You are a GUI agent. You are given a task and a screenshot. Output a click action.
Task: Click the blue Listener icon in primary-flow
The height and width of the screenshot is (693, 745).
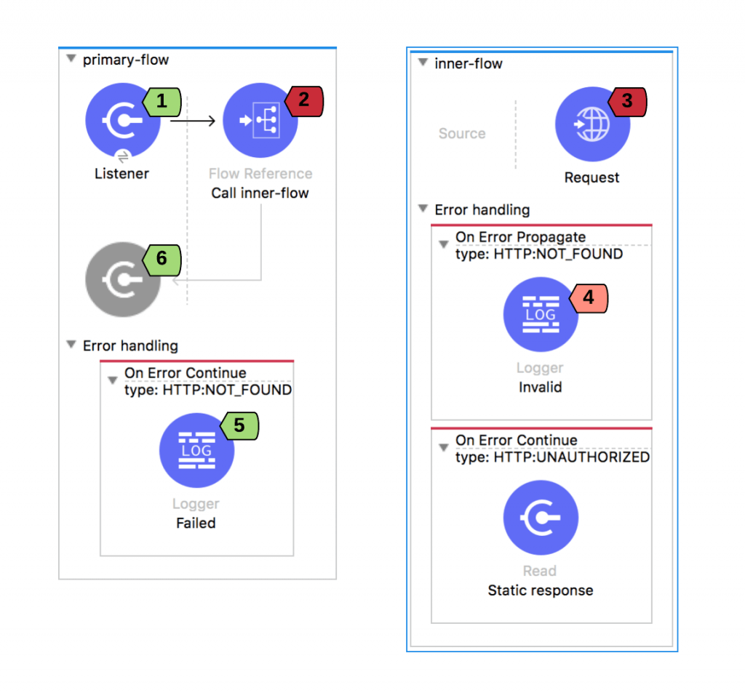coord(122,120)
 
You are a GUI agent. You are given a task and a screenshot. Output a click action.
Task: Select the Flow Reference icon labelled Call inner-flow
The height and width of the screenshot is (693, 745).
coord(260,120)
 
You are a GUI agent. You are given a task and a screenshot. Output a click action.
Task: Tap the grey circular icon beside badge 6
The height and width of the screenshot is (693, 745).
coord(122,279)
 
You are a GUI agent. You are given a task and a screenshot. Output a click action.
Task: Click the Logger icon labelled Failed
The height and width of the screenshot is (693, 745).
coord(196,450)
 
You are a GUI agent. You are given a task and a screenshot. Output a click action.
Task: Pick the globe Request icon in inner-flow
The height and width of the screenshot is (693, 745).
coord(592,124)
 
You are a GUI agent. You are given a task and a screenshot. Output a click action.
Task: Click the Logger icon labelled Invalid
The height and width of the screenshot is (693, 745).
coord(541,314)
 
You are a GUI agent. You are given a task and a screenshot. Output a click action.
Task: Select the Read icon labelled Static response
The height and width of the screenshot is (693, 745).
coord(541,518)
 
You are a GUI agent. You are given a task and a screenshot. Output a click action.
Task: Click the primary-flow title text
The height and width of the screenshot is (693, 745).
coord(125,60)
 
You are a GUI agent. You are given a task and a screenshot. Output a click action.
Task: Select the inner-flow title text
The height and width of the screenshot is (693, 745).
coord(469,63)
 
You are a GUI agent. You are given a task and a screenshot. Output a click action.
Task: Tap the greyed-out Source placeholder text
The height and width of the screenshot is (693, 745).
coord(462,134)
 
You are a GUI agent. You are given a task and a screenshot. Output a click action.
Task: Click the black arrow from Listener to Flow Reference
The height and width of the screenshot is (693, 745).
coord(193,121)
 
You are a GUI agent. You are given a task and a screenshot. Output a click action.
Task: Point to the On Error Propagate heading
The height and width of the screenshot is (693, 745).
coord(520,237)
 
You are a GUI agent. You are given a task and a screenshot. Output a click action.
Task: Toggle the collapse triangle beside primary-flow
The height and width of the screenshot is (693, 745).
coord(71,59)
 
